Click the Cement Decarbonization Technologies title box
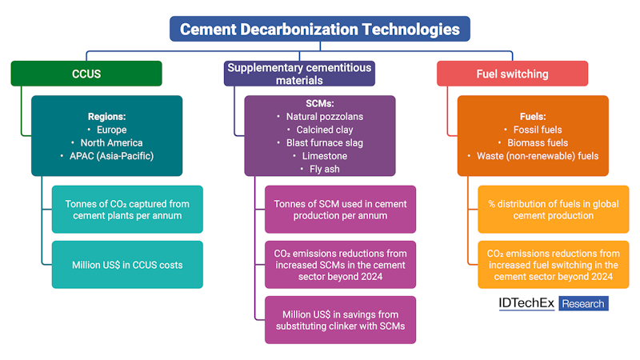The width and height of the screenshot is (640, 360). [319, 29]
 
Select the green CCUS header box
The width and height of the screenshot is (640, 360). [86, 74]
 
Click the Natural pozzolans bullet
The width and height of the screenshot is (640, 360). [319, 117]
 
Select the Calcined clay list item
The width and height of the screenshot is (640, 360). [319, 130]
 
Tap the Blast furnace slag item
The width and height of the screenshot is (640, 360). [319, 142]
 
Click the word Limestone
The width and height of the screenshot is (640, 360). [319, 156]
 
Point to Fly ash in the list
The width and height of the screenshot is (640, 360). [319, 169]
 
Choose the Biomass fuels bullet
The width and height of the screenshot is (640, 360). [532, 142]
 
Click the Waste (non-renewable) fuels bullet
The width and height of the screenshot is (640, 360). [532, 155]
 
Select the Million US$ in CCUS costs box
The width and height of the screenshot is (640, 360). [127, 264]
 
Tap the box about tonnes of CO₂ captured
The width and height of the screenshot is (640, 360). [127, 210]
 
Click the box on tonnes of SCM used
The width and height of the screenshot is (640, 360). [340, 210]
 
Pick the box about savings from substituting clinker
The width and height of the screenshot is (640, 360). [340, 319]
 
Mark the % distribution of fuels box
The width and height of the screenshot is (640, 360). [553, 210]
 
